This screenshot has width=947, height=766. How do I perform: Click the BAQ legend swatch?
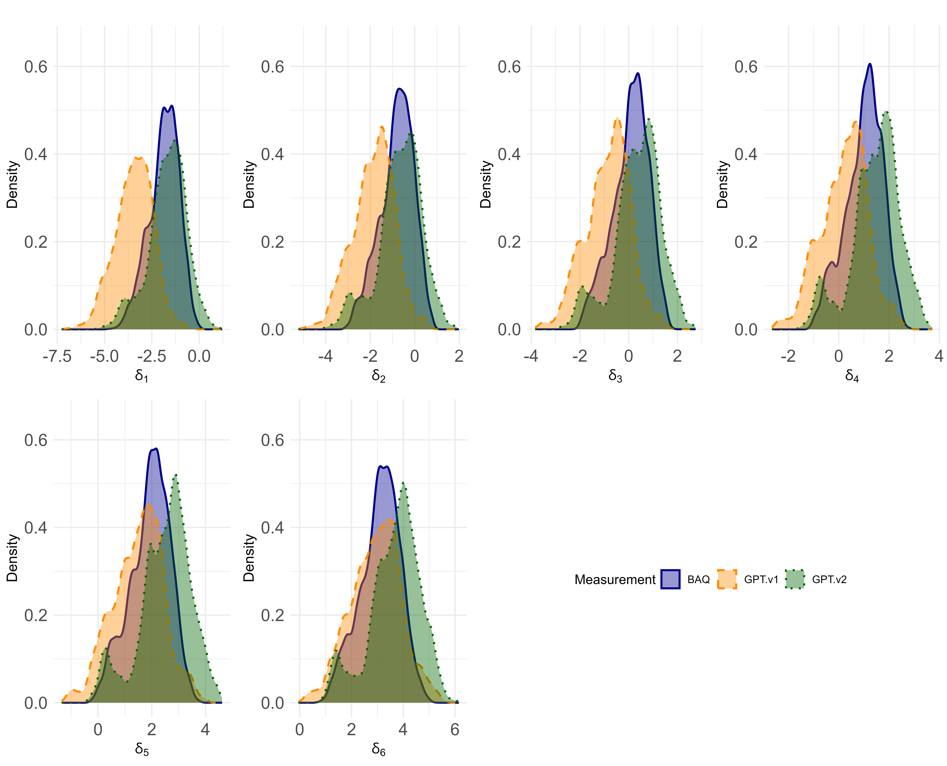(x=670, y=579)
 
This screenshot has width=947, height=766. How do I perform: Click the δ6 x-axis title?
(x=378, y=749)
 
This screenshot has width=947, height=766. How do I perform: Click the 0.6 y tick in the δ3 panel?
(x=509, y=67)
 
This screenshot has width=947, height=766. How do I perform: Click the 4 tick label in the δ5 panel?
(x=205, y=729)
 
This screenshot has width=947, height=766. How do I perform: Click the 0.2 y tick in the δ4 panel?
(x=746, y=242)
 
